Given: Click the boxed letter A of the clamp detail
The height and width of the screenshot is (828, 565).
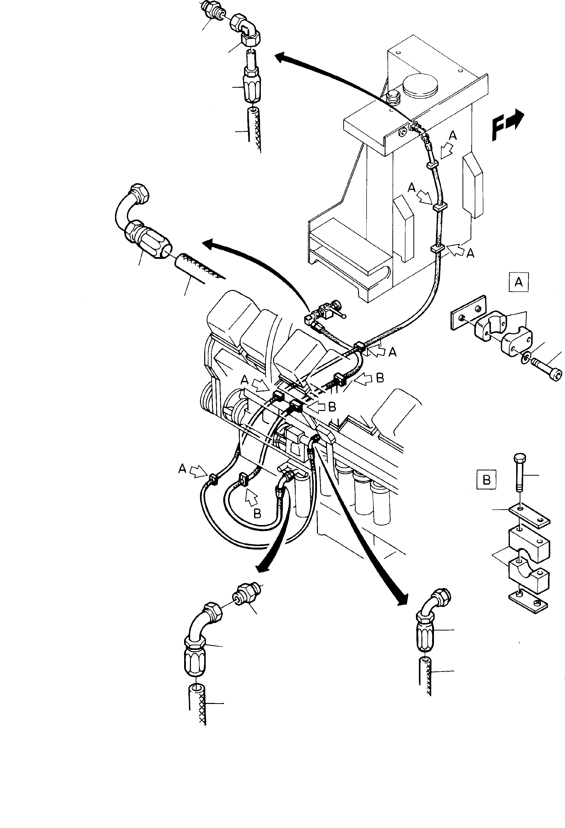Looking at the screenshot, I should (x=518, y=282).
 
